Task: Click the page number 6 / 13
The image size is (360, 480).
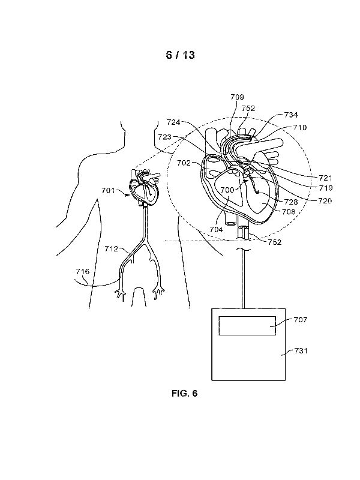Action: [180, 55]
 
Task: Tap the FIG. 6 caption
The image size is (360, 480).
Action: [184, 394]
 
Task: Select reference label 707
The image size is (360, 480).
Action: [300, 320]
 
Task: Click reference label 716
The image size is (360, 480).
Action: [82, 272]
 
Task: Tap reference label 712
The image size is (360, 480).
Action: [112, 248]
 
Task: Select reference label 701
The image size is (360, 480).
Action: [107, 191]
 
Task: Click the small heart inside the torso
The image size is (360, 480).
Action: [142, 186]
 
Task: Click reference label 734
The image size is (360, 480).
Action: [292, 114]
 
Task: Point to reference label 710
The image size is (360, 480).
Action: [300, 128]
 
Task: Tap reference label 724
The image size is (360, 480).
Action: [174, 122]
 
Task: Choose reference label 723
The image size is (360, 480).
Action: [165, 137]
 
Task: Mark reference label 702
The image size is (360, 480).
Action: [183, 162]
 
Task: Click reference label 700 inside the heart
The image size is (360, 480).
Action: [227, 190]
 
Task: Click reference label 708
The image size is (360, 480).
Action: [288, 212]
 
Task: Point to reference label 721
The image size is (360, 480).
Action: [325, 178]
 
